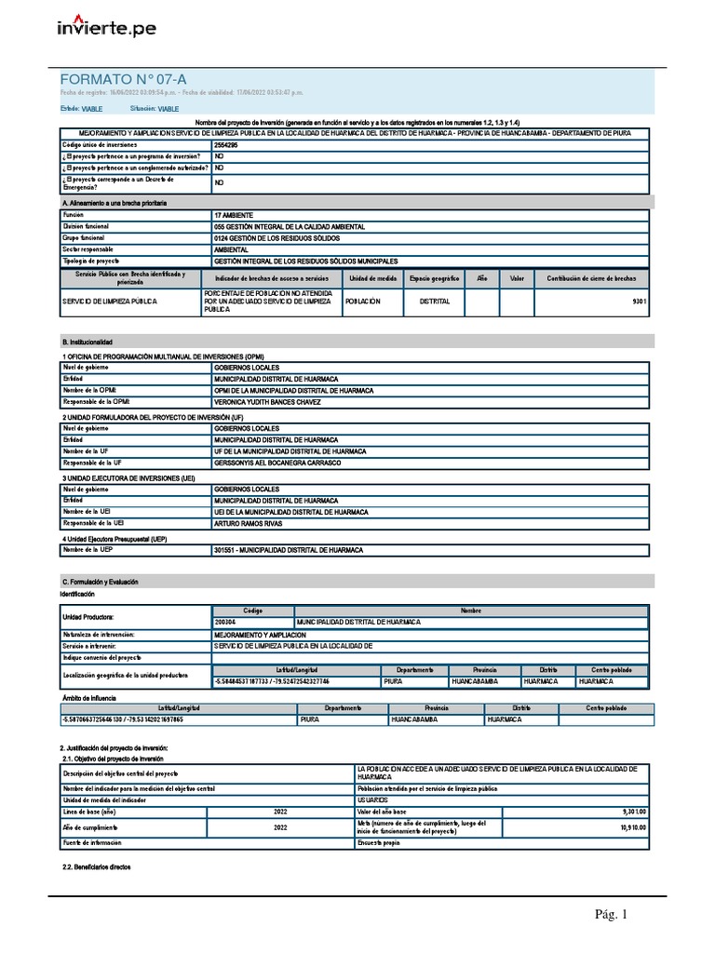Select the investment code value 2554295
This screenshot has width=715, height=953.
click(x=226, y=145)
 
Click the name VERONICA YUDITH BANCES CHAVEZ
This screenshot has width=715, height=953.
click(x=267, y=402)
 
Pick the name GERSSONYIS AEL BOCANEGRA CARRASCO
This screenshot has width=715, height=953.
click(x=277, y=463)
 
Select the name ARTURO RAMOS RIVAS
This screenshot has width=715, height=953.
click(x=248, y=523)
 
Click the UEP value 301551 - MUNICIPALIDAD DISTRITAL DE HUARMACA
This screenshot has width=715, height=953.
click(x=288, y=550)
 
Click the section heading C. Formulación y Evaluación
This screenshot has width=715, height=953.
click(x=100, y=582)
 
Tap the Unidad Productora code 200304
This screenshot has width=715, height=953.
click(x=226, y=621)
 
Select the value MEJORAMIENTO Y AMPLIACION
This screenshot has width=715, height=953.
click(x=260, y=634)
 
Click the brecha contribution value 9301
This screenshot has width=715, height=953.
click(x=637, y=302)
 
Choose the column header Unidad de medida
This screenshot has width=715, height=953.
click(x=373, y=278)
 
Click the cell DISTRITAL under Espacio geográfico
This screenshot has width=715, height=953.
click(x=435, y=302)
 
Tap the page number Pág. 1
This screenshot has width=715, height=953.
click(x=612, y=916)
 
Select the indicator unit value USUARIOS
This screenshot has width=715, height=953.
click(x=373, y=799)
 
